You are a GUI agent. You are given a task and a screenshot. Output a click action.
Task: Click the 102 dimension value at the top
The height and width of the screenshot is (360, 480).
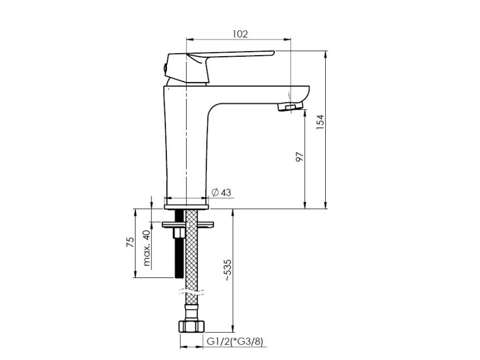pos(240,34)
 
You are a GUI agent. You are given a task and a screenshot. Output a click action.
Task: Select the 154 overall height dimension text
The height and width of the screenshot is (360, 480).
pos(320,122)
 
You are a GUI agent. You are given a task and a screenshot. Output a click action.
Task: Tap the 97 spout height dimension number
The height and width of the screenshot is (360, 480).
pos(300,157)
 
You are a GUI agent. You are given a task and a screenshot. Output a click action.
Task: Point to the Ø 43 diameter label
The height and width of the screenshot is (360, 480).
pos(221,193)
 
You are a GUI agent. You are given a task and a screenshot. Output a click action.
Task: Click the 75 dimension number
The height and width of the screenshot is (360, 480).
pos(130,242)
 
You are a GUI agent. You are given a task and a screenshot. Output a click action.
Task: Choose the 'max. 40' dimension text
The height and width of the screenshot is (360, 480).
pos(147,247)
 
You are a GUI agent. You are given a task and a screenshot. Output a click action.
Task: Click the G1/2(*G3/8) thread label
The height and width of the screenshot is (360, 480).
pos(235,341)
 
